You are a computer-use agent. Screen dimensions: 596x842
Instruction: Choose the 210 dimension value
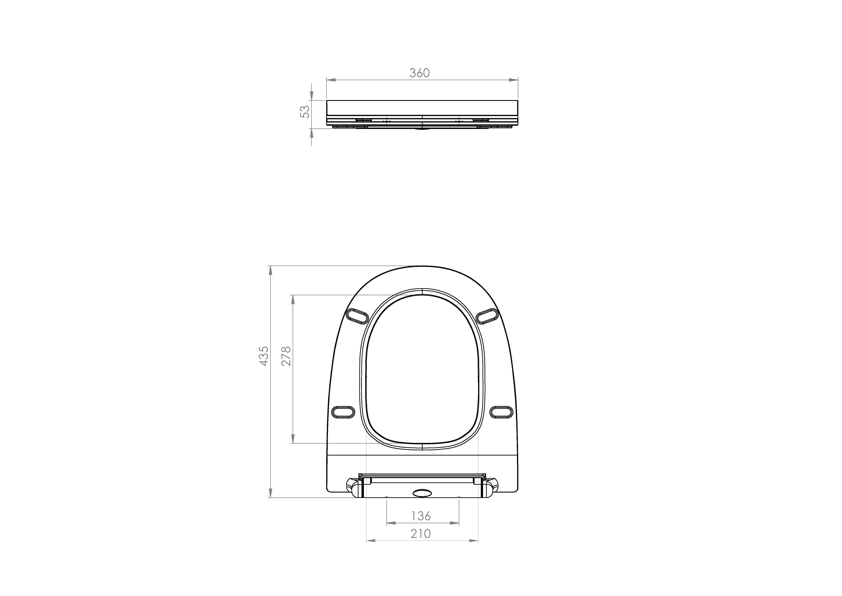point(421,534)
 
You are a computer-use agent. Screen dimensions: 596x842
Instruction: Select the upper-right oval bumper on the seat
point(488,316)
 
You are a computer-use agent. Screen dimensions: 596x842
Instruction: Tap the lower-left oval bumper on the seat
point(343,412)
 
